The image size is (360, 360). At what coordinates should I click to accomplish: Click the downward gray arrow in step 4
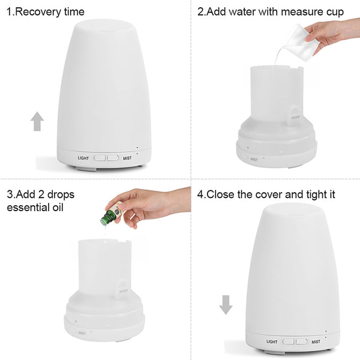point(226,304)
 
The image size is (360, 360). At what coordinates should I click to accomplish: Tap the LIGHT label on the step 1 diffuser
point(84,158)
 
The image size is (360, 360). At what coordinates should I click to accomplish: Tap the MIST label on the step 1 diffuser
point(127,158)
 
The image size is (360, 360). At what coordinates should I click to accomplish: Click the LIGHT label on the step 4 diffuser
point(272,341)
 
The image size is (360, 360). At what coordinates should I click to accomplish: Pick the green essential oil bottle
point(109,214)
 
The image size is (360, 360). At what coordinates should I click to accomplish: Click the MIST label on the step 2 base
point(254,160)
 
